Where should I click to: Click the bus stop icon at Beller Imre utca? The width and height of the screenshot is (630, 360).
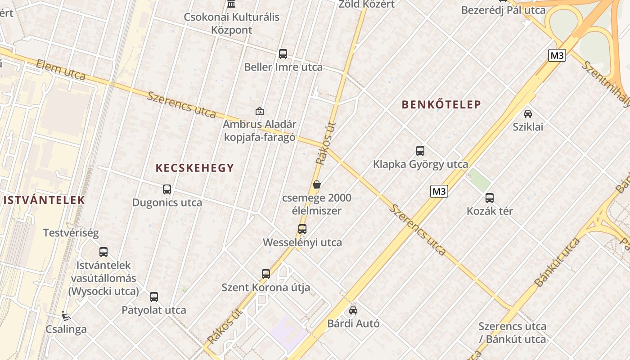coord(283,54)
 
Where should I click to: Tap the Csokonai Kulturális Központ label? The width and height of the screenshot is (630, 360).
coord(231,23)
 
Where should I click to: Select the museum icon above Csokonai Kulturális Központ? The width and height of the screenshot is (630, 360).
coord(231,4)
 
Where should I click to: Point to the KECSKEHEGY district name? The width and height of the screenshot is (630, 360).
coord(195,168)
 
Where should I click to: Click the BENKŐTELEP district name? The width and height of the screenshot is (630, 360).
coord(441,105)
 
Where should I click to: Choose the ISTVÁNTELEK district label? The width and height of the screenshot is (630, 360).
coord(44,200)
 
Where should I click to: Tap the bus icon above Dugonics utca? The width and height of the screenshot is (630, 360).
coord(167,189)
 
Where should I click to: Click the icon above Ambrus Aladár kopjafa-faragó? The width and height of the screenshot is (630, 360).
coord(260,111)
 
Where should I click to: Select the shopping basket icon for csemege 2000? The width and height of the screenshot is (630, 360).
coord(317,184)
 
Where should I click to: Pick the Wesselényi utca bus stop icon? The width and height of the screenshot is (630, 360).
coord(302,229)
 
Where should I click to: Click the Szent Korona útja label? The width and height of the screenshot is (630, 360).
coord(265,287)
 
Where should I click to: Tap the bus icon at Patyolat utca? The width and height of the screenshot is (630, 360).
coord(154,297)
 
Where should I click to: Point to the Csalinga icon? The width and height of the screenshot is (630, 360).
coord(66,315)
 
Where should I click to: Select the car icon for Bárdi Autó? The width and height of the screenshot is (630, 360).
coord(353,310)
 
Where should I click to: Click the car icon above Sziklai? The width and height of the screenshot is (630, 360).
coord(528,113)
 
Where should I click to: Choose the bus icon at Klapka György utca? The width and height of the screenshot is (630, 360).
coord(420,151)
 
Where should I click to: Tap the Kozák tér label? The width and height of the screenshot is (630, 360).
coord(490,211)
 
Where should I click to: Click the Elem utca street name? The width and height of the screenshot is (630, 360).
coord(61,70)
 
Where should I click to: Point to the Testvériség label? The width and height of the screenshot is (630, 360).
coord(71,233)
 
